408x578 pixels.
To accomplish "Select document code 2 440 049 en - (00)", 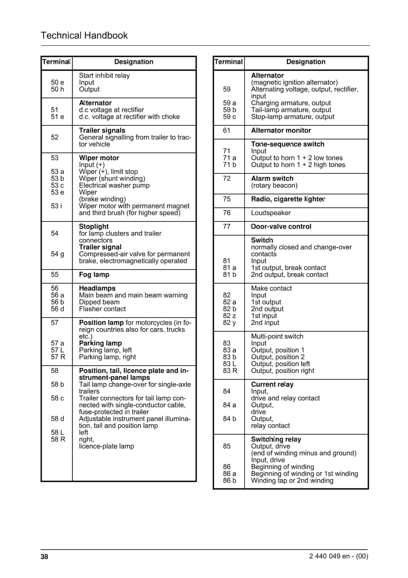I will tap(338, 556).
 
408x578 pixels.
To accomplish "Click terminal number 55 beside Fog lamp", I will tap(55, 274).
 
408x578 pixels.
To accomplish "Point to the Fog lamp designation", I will tap(94, 274).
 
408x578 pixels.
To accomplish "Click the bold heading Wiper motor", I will tap(99, 158).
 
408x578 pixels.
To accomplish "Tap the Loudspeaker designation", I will tap(271, 213).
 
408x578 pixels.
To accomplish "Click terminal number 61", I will tap(226, 130).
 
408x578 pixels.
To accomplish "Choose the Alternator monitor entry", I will tap(281, 130).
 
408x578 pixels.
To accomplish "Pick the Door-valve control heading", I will tap(281, 227).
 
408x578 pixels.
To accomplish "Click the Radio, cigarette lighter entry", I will tap(288, 199).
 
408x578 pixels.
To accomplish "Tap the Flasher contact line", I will tap(102, 309).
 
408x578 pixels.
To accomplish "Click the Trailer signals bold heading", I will tap(102, 130).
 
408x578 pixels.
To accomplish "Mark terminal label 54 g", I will tap(57, 254).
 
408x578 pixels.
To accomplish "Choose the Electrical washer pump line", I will tap(114, 185).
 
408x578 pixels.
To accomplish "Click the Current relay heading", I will tap(272, 384).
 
